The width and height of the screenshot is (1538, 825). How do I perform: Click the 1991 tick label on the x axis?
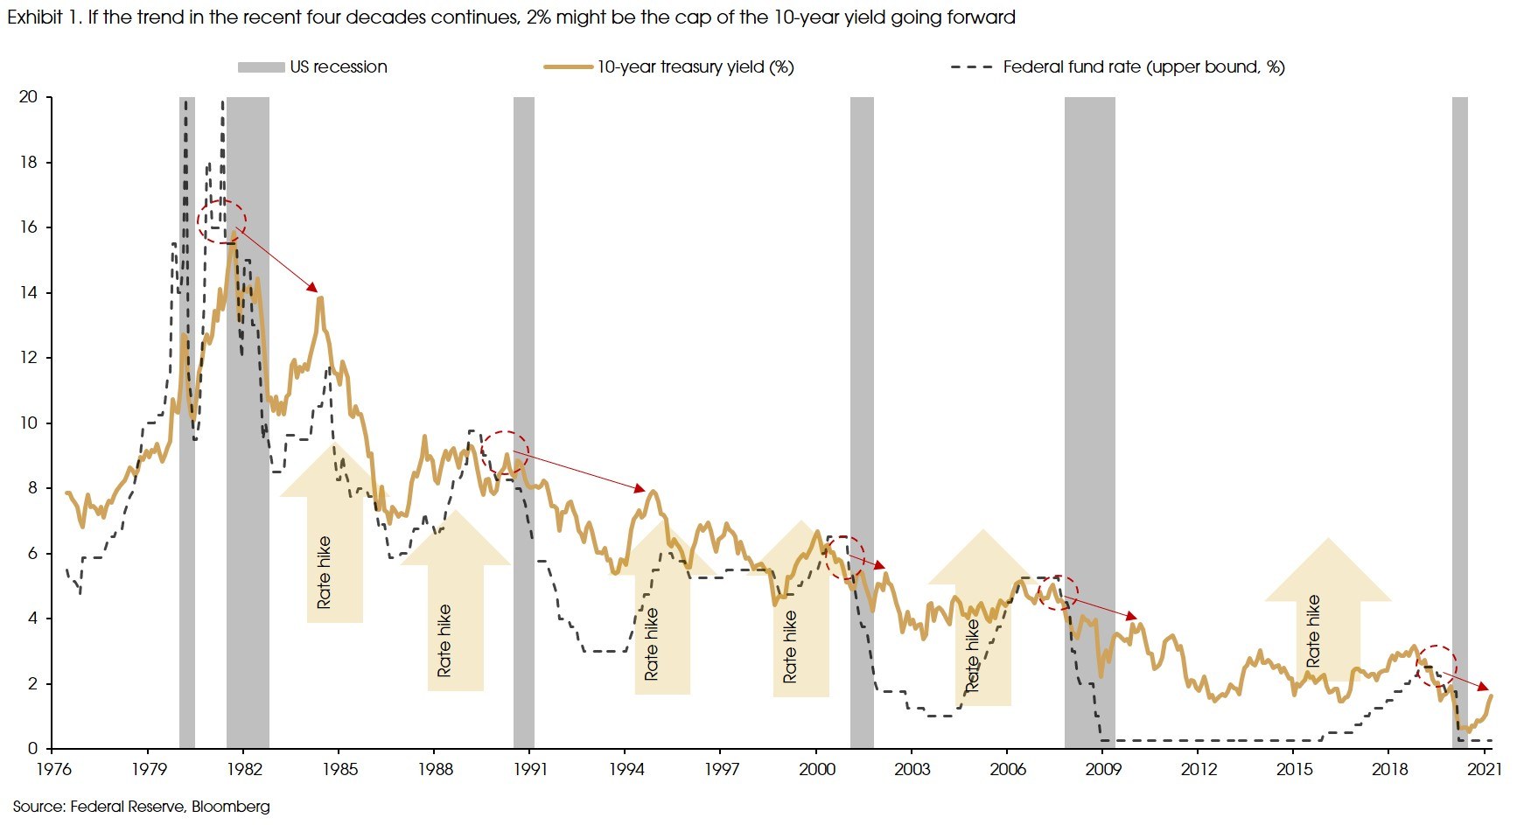point(530,769)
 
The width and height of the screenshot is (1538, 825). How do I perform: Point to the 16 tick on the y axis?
point(28,227)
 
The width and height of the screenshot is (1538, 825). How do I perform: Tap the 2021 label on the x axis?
point(1485,769)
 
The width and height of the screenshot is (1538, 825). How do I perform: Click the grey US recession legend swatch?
point(261,67)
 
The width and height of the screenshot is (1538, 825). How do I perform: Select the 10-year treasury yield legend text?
point(696,67)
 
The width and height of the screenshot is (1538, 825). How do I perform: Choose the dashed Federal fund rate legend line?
point(972,67)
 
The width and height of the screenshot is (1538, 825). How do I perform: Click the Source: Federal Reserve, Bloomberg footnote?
point(142,807)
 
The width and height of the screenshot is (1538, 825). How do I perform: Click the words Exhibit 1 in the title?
point(44,17)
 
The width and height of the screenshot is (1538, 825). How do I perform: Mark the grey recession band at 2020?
point(1459,420)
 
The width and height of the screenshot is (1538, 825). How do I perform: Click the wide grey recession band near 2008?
point(1089,420)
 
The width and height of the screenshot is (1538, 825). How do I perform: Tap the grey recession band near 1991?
point(523,420)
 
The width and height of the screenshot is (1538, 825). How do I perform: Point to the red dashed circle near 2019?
point(1437,665)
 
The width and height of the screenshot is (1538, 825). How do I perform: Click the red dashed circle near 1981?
point(221,221)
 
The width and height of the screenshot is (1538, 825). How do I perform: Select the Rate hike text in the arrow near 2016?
point(1312,631)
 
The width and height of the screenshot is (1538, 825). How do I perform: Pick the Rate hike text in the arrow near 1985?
point(325,572)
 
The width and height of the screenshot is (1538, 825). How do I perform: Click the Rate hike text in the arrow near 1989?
point(444,640)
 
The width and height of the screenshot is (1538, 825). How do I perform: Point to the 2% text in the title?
point(538,17)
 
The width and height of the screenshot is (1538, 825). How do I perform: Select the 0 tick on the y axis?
point(33,749)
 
